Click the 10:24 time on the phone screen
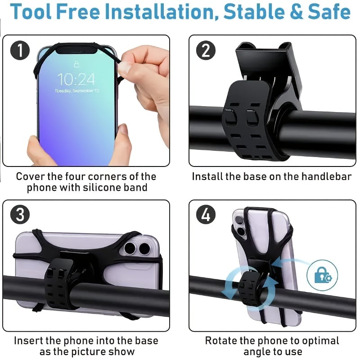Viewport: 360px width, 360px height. coord(76,80)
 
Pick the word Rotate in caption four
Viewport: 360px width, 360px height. coord(222,340)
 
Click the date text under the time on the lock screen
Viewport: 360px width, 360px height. coord(76,90)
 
